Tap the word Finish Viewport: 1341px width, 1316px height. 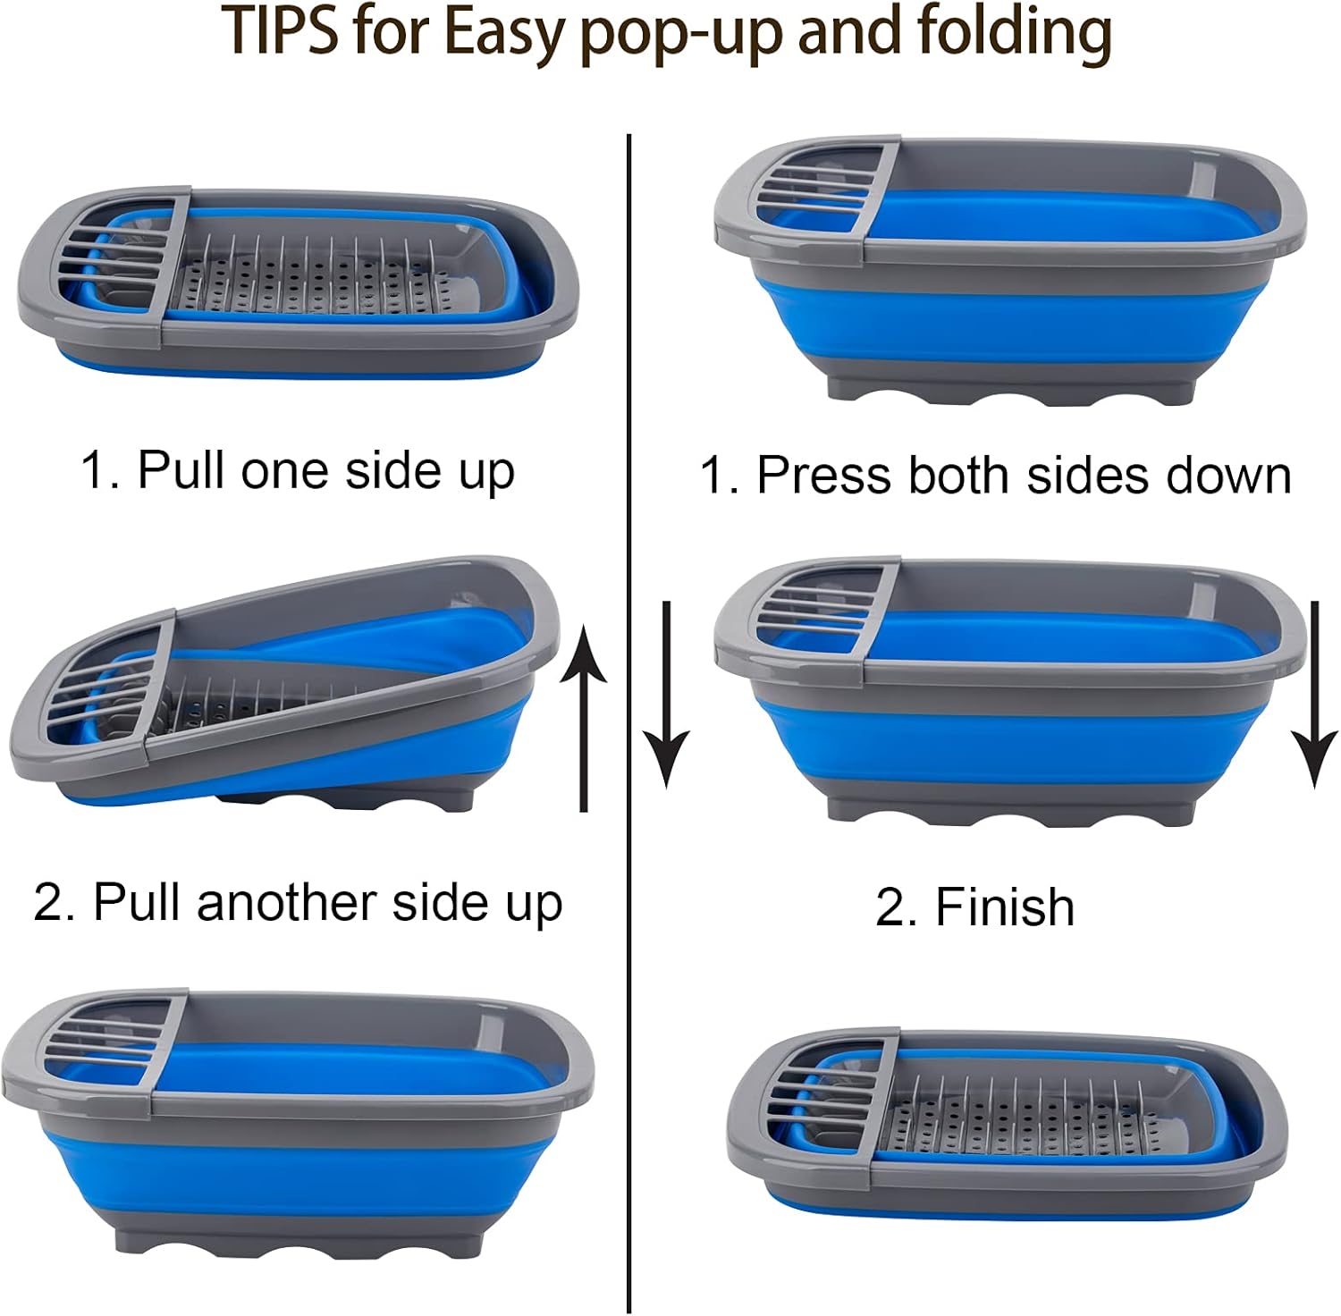pos(1005,907)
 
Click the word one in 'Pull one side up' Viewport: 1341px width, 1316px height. pos(286,471)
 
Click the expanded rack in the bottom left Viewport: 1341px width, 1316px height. pos(298,1122)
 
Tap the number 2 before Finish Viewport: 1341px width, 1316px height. pos(890,908)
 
